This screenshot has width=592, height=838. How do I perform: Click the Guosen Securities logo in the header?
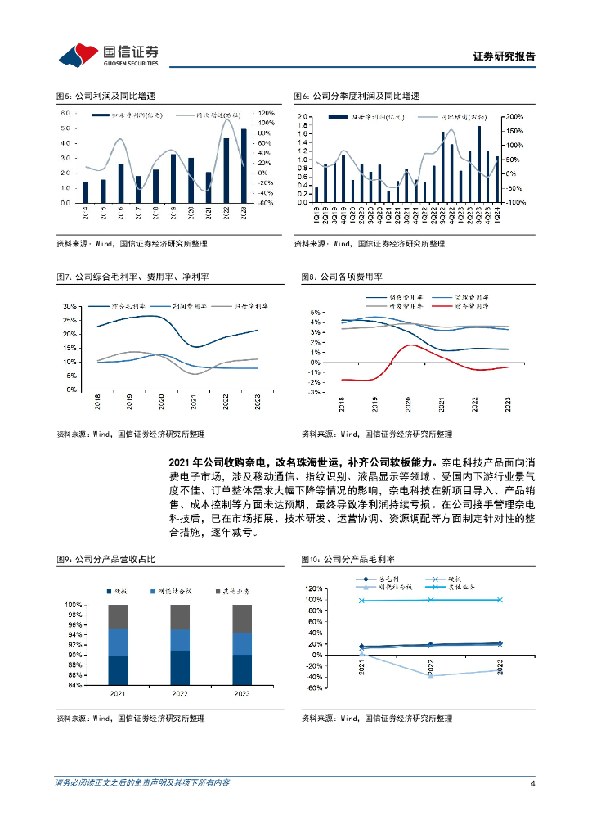[x=110, y=55]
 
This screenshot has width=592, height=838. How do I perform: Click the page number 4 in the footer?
[x=532, y=783]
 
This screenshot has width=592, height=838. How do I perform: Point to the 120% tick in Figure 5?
[x=266, y=113]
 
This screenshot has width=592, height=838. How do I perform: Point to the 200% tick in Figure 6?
[x=513, y=117]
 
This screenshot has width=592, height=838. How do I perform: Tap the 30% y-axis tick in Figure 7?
[x=70, y=306]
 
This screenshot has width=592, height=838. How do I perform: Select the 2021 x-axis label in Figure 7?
[x=194, y=403]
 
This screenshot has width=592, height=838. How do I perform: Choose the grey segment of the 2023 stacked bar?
[x=242, y=619]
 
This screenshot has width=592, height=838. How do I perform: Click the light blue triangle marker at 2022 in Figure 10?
[x=431, y=675]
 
